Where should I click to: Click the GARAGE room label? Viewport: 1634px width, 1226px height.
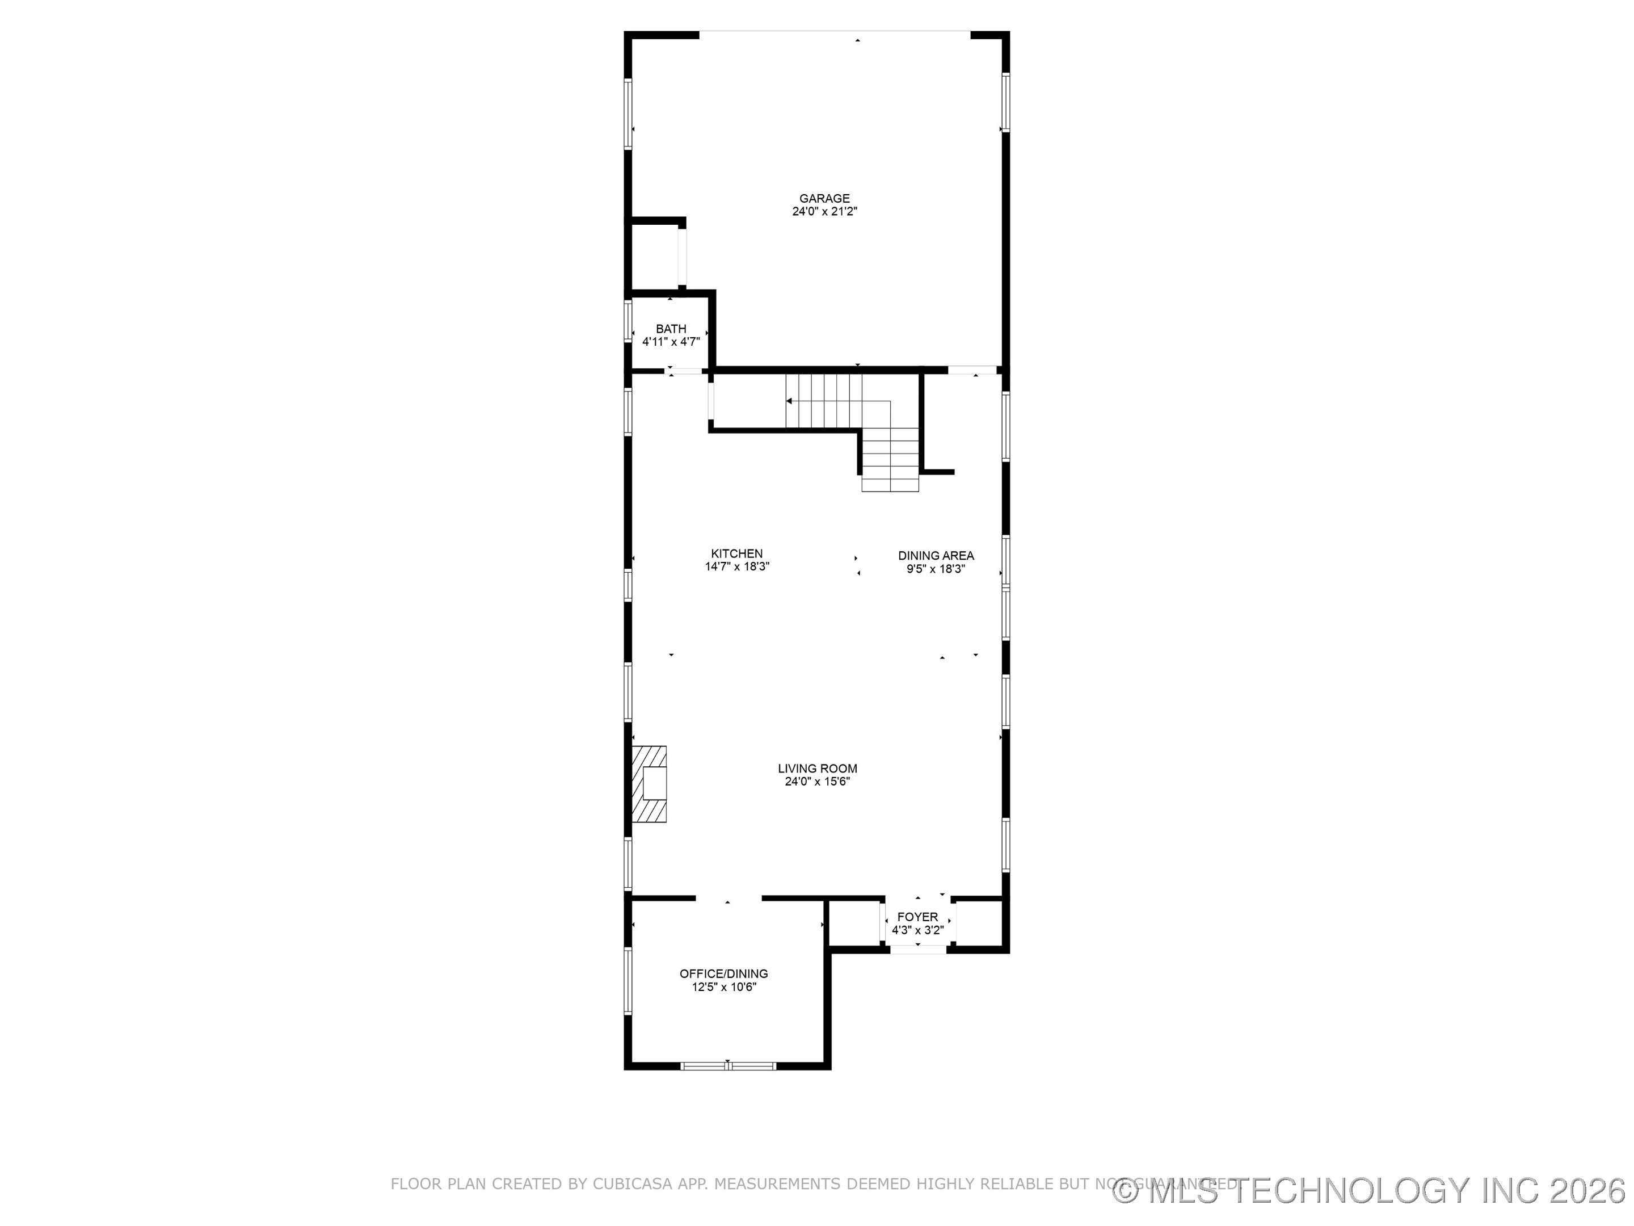(824, 198)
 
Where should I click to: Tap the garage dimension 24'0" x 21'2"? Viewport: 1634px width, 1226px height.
(824, 211)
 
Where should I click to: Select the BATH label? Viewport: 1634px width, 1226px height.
(671, 329)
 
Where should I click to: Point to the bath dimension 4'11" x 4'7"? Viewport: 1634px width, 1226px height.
(671, 342)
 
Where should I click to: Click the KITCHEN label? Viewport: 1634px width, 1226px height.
(736, 553)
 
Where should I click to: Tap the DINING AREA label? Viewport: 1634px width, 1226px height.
(936, 556)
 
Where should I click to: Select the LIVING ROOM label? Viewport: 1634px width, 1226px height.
(817, 769)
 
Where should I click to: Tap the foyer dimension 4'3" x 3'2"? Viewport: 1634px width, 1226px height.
(917, 930)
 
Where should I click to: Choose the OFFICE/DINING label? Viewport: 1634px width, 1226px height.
(723, 974)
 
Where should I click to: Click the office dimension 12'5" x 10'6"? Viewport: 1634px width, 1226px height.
(723, 987)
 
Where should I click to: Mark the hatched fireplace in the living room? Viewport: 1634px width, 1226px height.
(649, 784)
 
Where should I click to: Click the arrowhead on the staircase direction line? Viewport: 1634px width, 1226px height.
(790, 401)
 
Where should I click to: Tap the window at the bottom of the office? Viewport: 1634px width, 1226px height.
(727, 1065)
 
